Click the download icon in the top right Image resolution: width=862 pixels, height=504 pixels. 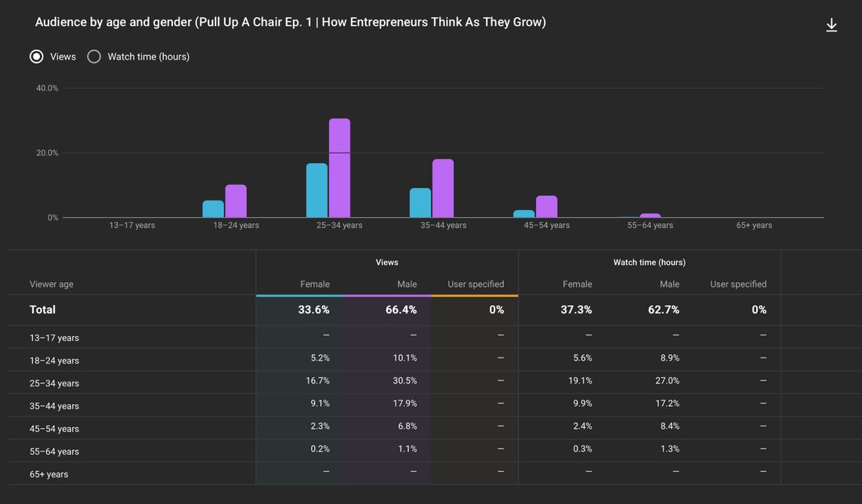click(x=831, y=25)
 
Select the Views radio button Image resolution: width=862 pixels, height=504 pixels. click(x=36, y=56)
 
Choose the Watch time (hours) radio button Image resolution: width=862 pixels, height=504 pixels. click(x=94, y=56)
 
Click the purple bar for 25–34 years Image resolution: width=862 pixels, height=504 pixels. click(x=339, y=169)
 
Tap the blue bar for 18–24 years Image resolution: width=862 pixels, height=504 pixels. click(x=213, y=208)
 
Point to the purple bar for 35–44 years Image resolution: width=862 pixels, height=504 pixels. click(x=443, y=189)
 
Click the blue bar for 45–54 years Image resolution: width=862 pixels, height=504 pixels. click(x=524, y=214)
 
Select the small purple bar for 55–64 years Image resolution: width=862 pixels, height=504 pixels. click(x=650, y=216)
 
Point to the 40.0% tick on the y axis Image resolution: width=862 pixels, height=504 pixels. click(x=47, y=88)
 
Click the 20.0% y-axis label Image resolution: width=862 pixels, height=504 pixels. click(x=47, y=153)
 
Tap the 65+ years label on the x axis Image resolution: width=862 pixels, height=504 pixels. click(x=754, y=225)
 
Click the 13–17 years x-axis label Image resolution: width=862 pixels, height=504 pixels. click(x=132, y=225)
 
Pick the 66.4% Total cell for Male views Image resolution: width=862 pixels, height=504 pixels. click(x=400, y=310)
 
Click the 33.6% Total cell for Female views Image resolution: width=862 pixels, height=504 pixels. click(x=314, y=310)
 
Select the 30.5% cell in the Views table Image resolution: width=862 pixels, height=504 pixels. click(x=404, y=380)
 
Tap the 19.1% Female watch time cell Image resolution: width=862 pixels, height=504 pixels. click(x=580, y=380)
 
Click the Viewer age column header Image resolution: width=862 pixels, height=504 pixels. click(x=51, y=285)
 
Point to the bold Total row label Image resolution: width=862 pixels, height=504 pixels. click(x=42, y=310)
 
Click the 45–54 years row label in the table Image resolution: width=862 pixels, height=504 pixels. click(x=54, y=429)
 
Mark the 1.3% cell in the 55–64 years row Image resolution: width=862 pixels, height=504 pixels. click(x=669, y=448)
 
